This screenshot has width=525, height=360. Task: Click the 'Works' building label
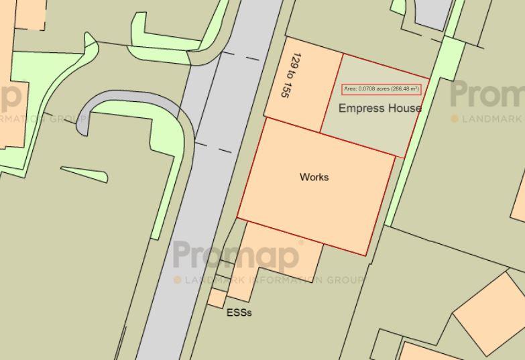(x=314, y=177)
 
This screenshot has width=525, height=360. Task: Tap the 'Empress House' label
(x=380, y=108)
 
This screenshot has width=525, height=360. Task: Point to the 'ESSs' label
(x=239, y=312)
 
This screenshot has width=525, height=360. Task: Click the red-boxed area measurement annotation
(x=381, y=89)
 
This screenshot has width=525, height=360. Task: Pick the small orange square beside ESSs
(x=217, y=298)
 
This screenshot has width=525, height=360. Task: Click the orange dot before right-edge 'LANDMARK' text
(x=455, y=119)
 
